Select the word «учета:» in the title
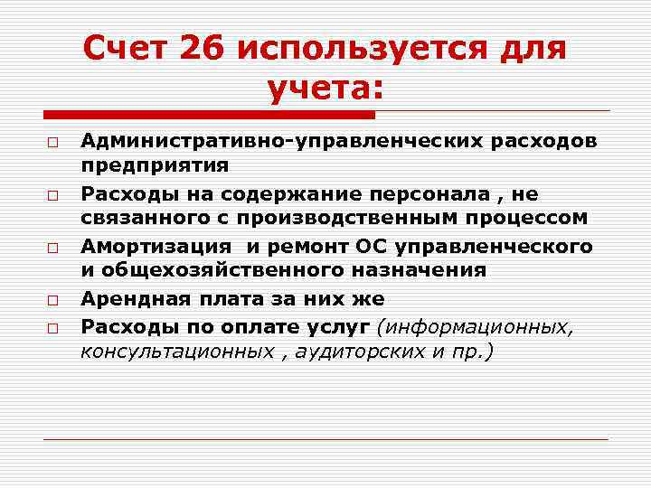pyautogui.click(x=325, y=89)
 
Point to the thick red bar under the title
pyautogui.click(x=209, y=115)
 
